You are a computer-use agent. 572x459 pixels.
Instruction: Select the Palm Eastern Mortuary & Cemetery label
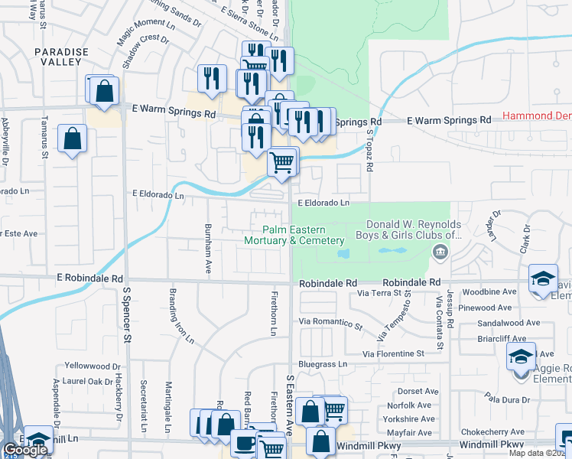click(x=294, y=235)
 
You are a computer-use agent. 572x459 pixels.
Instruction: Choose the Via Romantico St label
click(x=330, y=322)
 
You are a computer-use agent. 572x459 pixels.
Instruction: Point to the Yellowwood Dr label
click(x=93, y=366)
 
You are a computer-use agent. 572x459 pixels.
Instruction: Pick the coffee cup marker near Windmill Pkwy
click(x=244, y=443)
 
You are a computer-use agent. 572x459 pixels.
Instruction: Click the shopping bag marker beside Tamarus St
click(x=72, y=139)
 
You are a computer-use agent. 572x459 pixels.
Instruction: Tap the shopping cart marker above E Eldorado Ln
click(x=282, y=162)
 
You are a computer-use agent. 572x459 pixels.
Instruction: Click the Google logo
click(x=25, y=451)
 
